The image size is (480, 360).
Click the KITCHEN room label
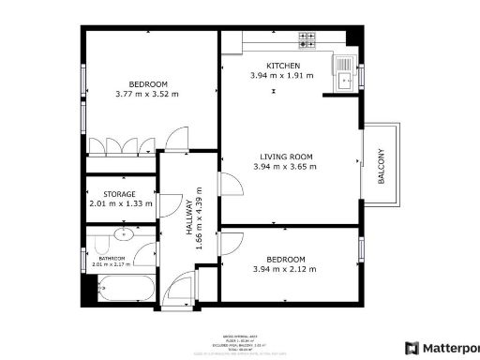click(x=270, y=66)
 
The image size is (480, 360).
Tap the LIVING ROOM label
click(x=285, y=157)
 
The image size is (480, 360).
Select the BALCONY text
click(x=381, y=167)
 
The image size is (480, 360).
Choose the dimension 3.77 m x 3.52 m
click(x=146, y=94)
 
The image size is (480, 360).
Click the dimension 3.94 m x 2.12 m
click(x=285, y=270)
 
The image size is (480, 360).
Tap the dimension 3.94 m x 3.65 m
click(x=285, y=167)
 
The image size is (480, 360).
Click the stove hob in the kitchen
click(x=307, y=39)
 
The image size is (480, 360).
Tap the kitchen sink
click(x=346, y=79)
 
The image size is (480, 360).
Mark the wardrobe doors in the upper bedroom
click(x=121, y=145)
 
